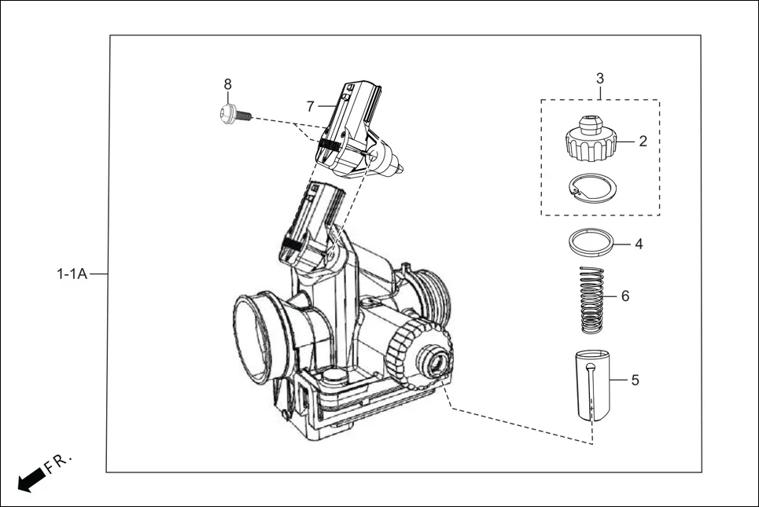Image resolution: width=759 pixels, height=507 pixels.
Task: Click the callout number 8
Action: coord(228,84)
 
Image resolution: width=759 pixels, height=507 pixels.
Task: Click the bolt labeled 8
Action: coord(234,114)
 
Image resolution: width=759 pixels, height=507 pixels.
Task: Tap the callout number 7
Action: coord(311,105)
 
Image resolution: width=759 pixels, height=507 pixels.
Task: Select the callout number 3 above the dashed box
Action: coord(600,79)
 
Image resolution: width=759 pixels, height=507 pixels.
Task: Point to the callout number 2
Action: coord(643,141)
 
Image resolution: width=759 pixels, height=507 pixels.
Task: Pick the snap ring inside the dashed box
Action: coord(592,187)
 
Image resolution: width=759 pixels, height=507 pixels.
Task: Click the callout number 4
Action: coord(639,244)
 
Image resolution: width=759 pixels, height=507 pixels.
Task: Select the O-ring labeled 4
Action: coord(591,241)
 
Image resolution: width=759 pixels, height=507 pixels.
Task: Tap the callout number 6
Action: coord(625,296)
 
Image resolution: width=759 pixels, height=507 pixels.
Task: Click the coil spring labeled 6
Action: coord(591,299)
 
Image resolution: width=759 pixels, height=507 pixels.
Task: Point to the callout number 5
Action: coord(635,380)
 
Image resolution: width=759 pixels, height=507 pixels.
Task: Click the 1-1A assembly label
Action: coord(71,274)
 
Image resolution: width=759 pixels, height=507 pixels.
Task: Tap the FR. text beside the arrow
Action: coord(59,462)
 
